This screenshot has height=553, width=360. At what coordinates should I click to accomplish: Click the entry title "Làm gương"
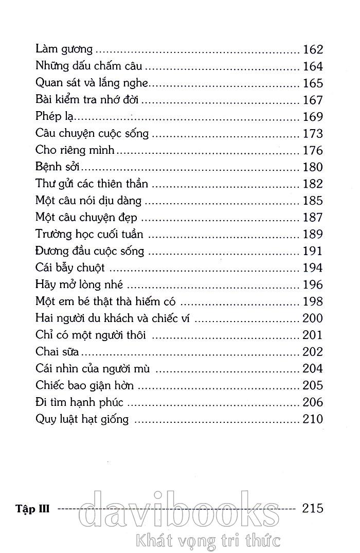[x=64, y=50]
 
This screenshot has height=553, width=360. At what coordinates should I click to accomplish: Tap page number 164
[x=313, y=66]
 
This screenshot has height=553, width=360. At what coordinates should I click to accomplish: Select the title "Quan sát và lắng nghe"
[x=93, y=83]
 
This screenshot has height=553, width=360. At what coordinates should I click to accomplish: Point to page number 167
[x=313, y=100]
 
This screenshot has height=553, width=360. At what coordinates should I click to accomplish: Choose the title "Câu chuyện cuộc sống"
[x=93, y=134]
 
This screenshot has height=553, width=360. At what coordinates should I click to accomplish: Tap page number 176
[x=313, y=150]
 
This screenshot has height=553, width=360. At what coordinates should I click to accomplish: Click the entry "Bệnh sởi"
[x=57, y=167]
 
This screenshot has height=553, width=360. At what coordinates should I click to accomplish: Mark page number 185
[x=313, y=201]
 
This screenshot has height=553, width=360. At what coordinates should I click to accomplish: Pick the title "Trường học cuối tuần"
[x=89, y=235]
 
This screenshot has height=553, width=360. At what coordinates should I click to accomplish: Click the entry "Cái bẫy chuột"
[x=70, y=268]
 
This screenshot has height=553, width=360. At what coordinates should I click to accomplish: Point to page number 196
[x=313, y=284]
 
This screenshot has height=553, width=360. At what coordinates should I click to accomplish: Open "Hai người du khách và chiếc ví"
[x=113, y=318]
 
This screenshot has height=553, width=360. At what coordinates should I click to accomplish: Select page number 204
[x=313, y=368]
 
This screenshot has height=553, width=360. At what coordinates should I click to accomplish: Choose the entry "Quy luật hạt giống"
[x=82, y=419]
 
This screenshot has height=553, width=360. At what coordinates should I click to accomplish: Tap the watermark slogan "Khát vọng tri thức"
[x=206, y=540]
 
